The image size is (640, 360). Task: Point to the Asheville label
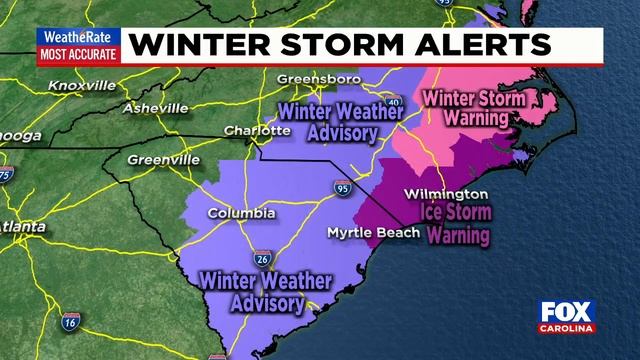155,107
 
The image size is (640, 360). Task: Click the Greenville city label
163,158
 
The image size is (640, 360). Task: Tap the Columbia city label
241,213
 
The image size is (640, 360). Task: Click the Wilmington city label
447,193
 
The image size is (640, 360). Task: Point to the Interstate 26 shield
260,258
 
